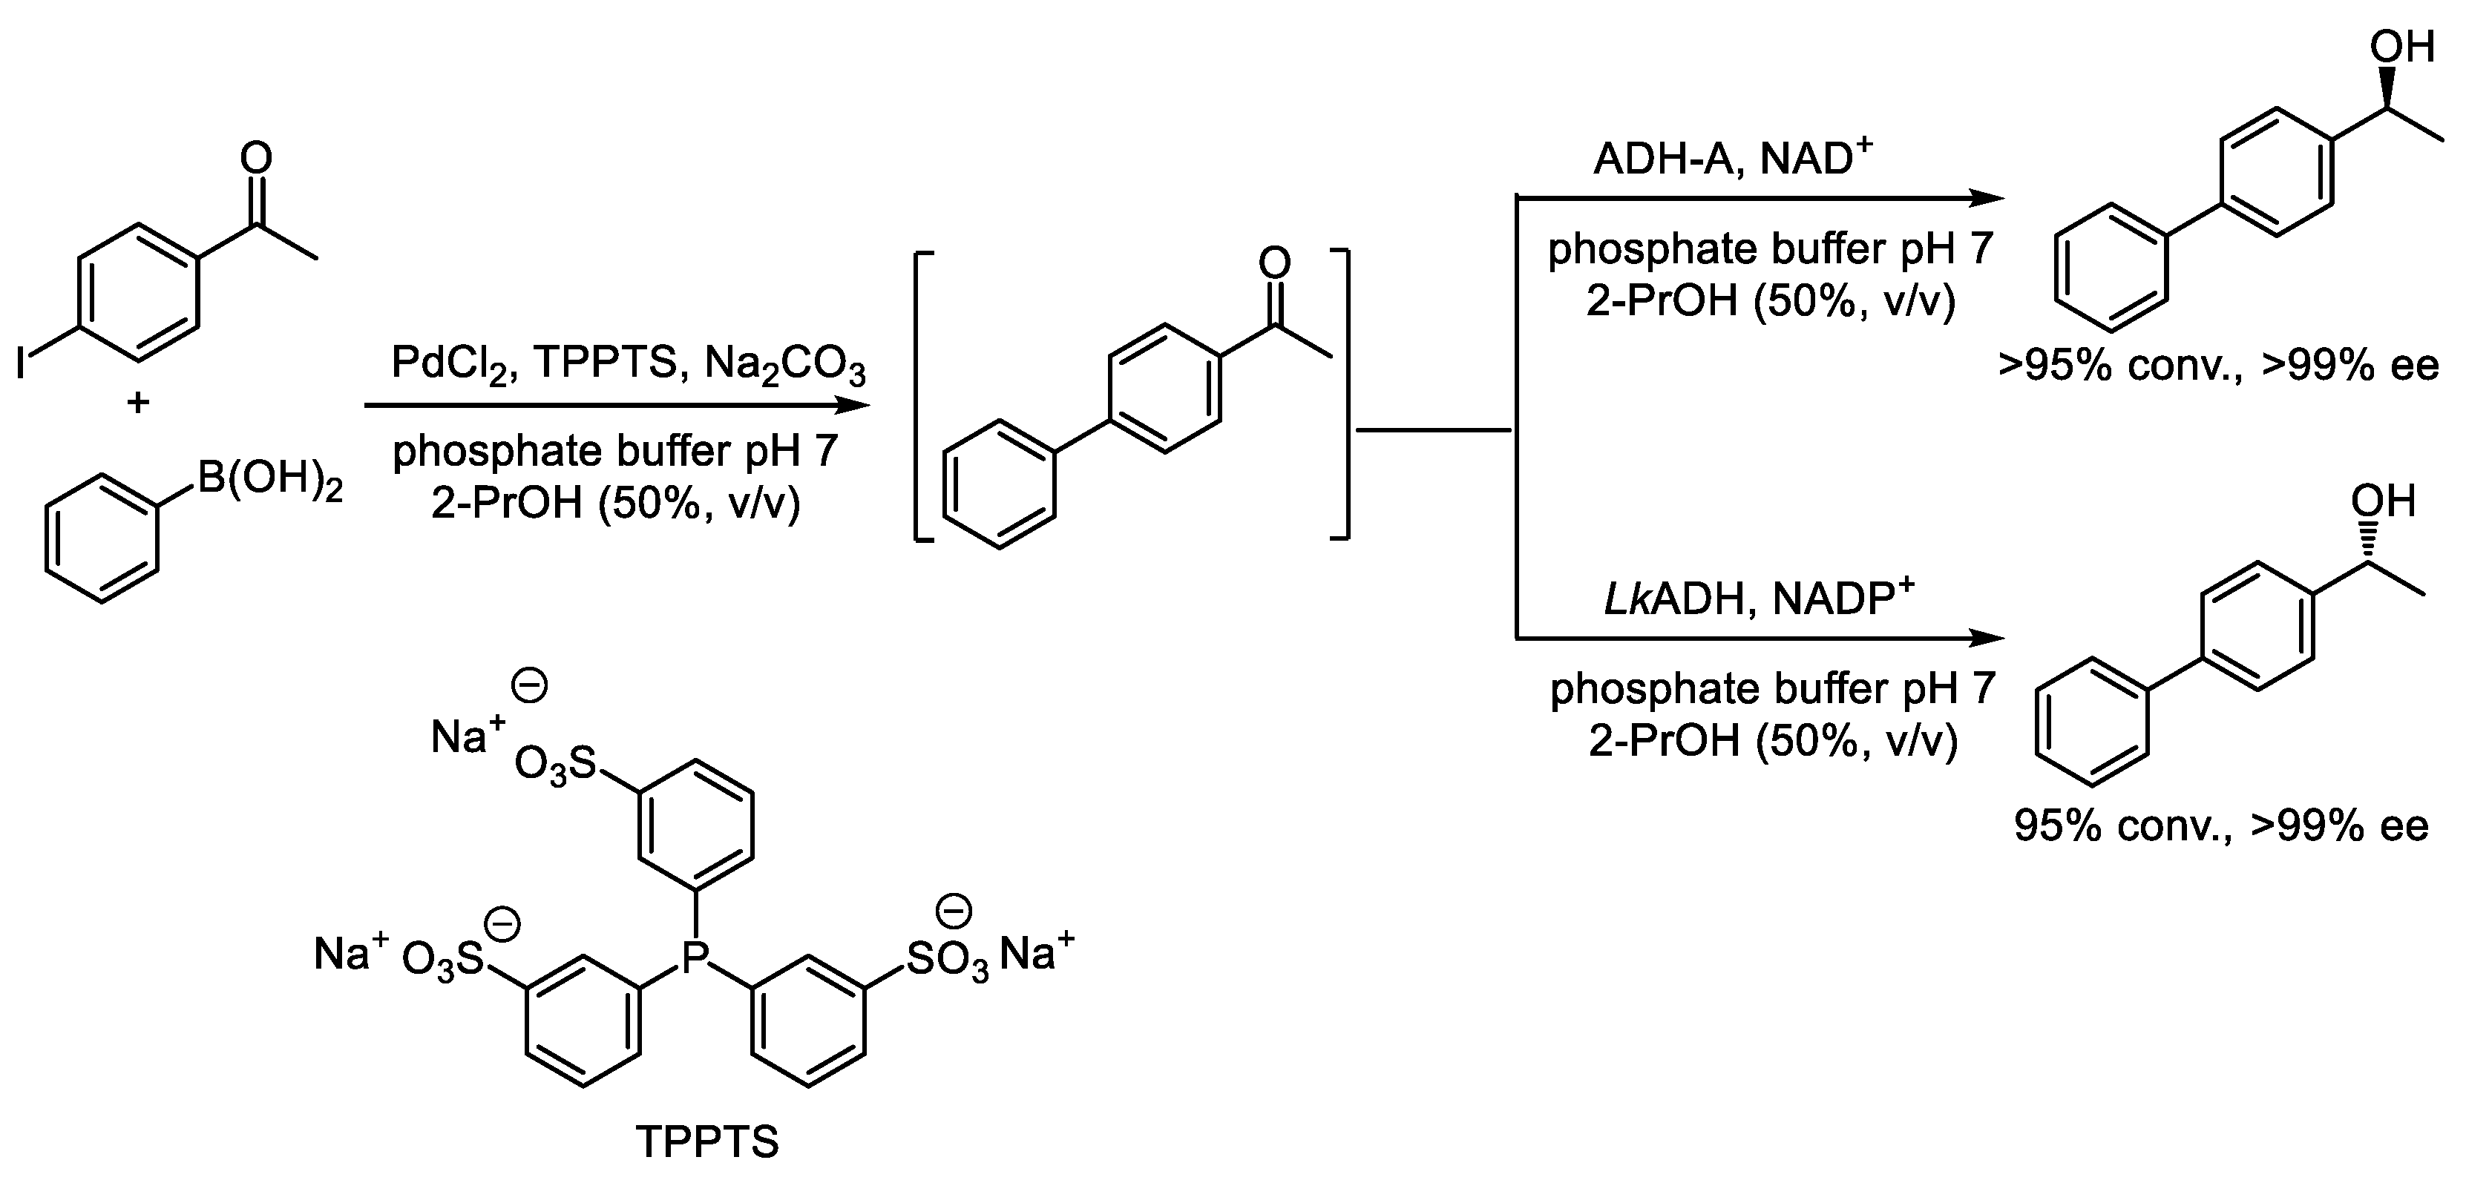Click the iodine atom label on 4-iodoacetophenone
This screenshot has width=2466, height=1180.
[21, 363]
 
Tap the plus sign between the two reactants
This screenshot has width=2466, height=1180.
[138, 403]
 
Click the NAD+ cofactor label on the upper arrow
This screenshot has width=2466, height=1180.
[1814, 158]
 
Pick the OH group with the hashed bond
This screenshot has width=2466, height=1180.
[2384, 501]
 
